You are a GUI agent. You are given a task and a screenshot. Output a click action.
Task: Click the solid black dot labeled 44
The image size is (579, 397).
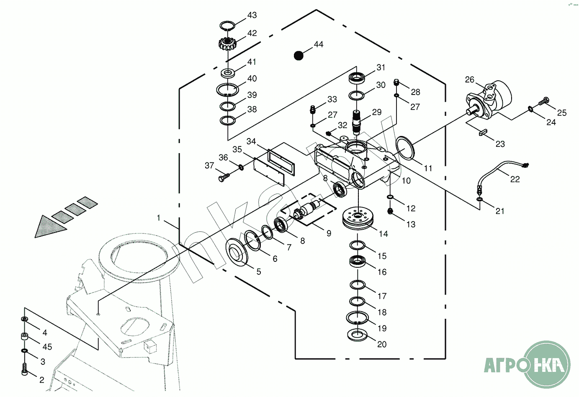(x=298, y=55)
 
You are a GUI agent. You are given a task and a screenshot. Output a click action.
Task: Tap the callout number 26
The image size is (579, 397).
(x=470, y=79)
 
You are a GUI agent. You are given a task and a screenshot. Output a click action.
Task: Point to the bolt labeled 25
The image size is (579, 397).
(x=544, y=101)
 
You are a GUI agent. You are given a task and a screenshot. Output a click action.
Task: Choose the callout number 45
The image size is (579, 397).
(x=47, y=347)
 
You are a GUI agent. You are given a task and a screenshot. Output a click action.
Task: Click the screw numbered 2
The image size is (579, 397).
(x=24, y=370)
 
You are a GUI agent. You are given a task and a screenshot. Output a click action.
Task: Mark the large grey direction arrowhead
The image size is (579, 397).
(x=49, y=227)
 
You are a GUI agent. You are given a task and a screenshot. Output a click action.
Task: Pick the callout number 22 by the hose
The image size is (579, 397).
(x=515, y=179)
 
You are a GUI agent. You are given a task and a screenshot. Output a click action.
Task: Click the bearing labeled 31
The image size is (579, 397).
(x=357, y=78)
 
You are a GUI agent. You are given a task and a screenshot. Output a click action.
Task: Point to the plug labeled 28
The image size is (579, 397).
(x=396, y=82)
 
